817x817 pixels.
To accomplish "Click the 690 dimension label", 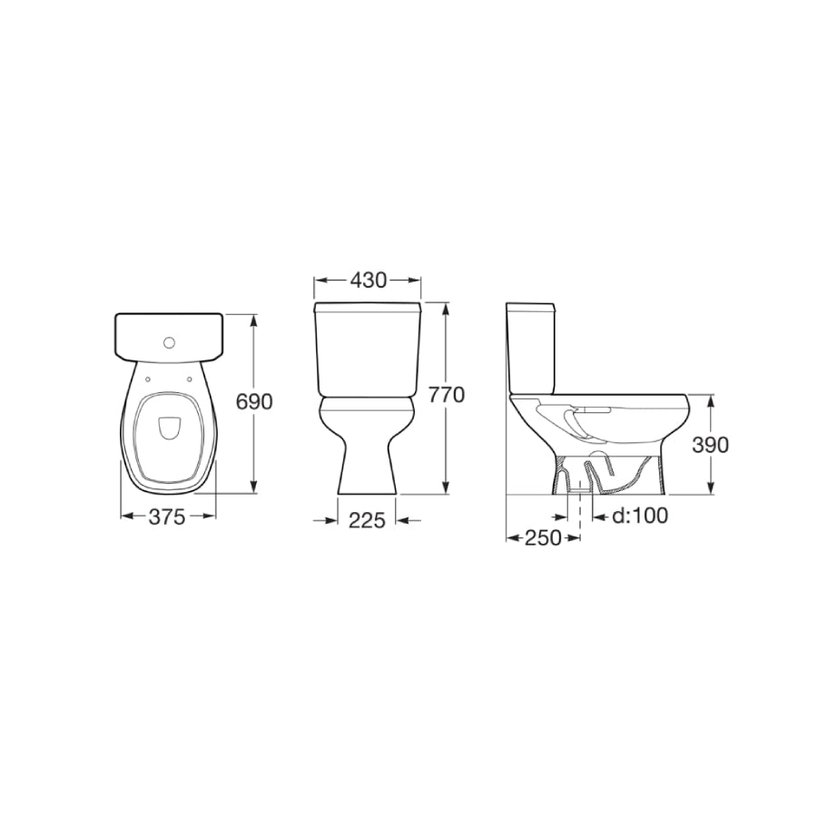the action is (254, 402).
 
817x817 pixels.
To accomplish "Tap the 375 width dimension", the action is (167, 517).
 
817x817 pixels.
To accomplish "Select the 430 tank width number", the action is (368, 281).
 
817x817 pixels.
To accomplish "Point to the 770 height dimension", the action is (446, 395).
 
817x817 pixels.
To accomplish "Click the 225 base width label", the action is (367, 520).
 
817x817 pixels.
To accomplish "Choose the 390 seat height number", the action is (710, 445).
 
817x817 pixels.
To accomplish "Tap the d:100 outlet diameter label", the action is (640, 516).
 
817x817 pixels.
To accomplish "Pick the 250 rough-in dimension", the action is (543, 537).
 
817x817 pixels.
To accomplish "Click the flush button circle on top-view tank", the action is (169, 343).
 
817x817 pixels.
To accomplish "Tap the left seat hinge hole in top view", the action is (148, 379).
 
